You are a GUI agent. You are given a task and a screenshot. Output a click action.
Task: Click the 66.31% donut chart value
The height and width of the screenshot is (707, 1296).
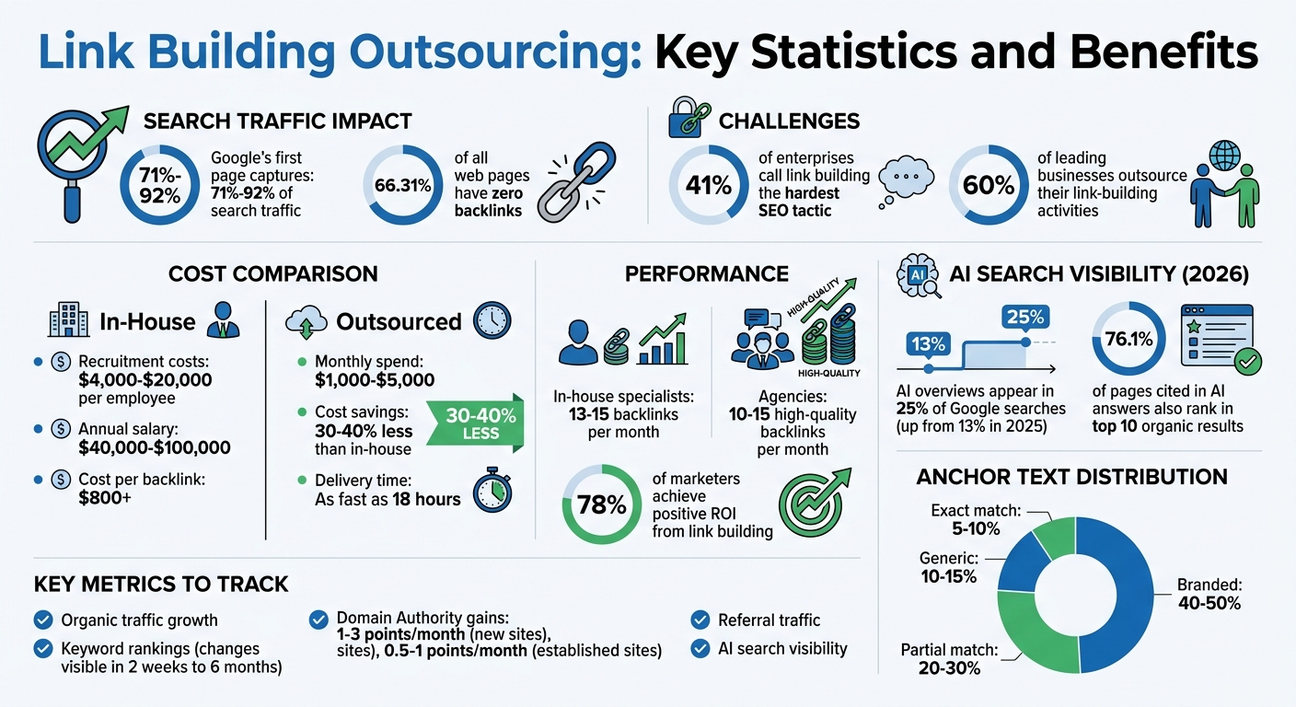pos(403,186)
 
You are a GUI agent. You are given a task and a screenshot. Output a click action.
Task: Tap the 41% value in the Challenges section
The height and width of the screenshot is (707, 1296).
pos(708,185)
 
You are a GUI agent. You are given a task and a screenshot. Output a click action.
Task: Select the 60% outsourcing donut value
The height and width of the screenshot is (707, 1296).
pos(988,185)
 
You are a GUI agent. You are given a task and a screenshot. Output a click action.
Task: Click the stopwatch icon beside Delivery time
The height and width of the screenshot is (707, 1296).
pos(492,490)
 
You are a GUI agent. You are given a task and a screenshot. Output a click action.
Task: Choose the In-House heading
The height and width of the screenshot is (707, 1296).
pos(147,321)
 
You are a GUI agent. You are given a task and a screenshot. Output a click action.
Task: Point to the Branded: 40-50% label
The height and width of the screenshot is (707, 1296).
pos(1209,594)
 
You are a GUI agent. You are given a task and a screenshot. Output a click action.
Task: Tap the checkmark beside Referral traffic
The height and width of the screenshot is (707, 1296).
pos(700,620)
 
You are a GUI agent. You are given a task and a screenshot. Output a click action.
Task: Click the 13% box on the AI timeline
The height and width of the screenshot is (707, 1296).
pos(929,344)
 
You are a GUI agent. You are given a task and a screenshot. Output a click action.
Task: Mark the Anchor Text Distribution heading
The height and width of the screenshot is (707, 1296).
pos(1071,477)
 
